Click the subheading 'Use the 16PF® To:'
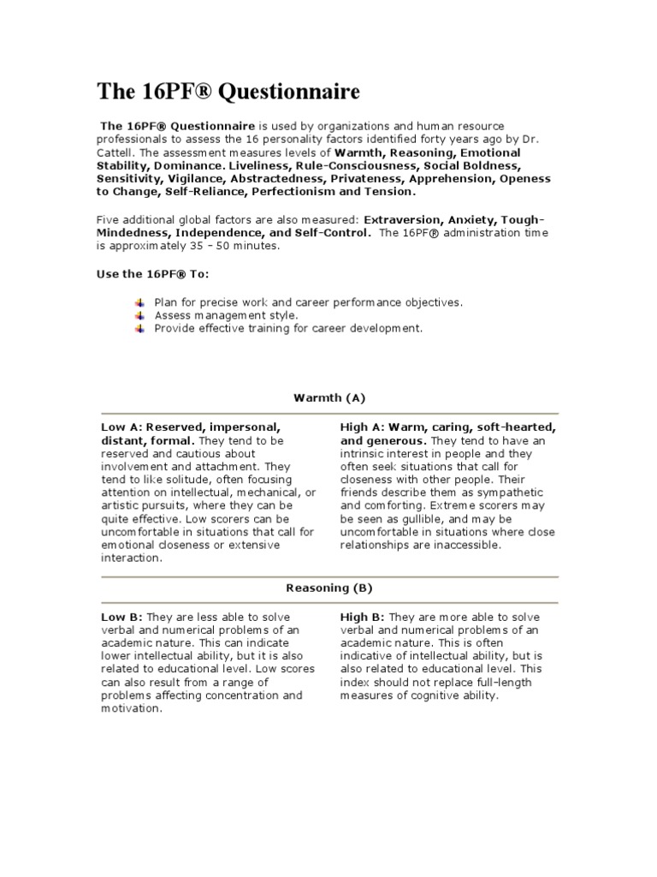pos(152,273)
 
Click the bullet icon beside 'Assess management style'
pos(141,315)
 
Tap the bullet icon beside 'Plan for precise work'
pos(141,302)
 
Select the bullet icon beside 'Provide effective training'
pos(141,328)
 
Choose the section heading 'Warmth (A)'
pos(329,397)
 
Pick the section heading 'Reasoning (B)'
pos(329,588)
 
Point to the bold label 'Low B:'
pos(122,617)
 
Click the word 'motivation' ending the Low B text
pos(131,709)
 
